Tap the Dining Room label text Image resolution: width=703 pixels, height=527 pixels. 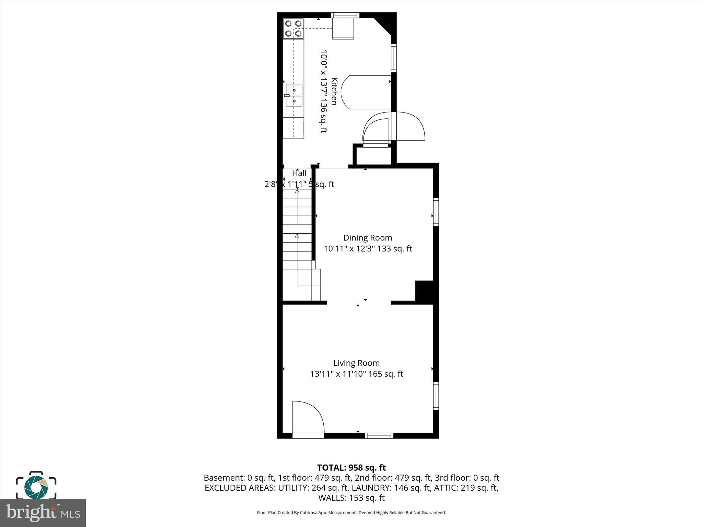tap(368, 238)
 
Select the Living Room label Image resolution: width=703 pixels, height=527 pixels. tap(356, 363)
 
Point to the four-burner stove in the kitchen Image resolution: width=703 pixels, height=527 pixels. tap(293, 28)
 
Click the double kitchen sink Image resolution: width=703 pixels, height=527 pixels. tap(294, 96)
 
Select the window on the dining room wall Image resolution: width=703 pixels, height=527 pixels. tap(436, 212)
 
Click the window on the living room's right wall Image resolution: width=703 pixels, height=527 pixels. tap(436, 396)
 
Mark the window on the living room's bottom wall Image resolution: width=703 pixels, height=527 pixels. tap(379, 436)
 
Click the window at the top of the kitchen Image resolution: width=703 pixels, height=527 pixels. tap(345, 15)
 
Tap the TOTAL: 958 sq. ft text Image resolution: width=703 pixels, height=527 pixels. tap(351, 468)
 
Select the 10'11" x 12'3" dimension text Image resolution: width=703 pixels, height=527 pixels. tap(349, 249)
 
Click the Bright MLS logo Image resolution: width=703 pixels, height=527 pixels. tap(43, 513)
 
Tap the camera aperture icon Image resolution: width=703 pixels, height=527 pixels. tap(36, 487)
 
